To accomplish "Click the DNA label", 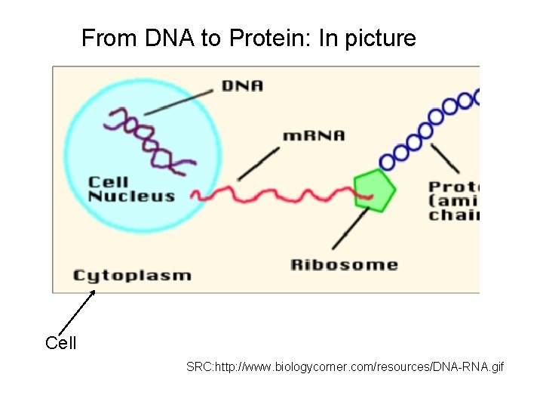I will pyautogui.click(x=242, y=85).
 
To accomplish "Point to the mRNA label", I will pyautogui.click(x=313, y=136).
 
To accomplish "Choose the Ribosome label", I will pyautogui.click(x=344, y=264).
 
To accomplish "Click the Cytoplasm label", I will pyautogui.click(x=132, y=275).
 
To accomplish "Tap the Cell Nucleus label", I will pyautogui.click(x=131, y=189).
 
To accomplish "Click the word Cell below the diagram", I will pyautogui.click(x=61, y=344).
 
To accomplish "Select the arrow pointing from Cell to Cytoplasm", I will pyautogui.click(x=78, y=311).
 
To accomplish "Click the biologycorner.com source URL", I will pyautogui.click(x=345, y=367).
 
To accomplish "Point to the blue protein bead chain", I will pyautogui.click(x=430, y=125).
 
